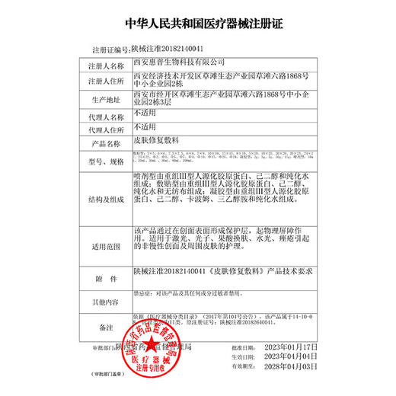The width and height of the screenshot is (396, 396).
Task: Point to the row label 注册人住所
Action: click(x=107, y=81)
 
